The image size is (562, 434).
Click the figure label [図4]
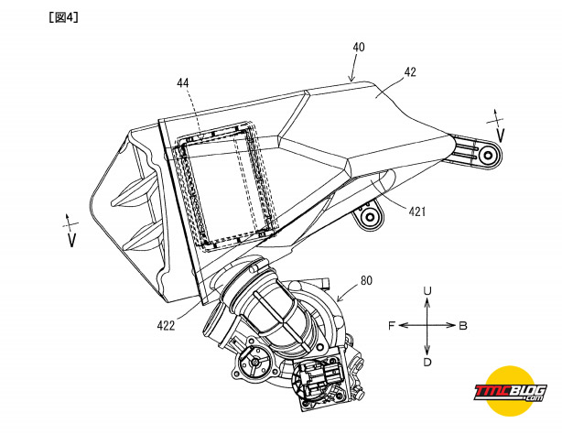click(63, 17)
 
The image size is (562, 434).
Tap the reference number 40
click(359, 47)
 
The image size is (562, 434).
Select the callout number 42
click(410, 72)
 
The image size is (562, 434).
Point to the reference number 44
click(183, 82)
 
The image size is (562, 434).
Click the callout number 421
click(417, 212)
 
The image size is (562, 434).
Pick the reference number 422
click(166, 325)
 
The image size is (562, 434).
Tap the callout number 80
click(366, 280)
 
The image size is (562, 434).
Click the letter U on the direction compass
click(427, 290)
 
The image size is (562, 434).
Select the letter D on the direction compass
click(427, 363)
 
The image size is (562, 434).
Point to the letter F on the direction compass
click(392, 326)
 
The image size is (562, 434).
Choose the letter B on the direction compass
click(463, 326)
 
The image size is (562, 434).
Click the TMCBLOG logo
click(510, 392)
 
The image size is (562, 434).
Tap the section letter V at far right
click(501, 136)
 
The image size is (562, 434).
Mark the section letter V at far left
click(72, 240)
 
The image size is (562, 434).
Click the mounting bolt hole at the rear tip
click(488, 156)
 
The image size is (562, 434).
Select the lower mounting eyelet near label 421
click(369, 217)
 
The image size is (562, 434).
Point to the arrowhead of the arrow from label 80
click(339, 298)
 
